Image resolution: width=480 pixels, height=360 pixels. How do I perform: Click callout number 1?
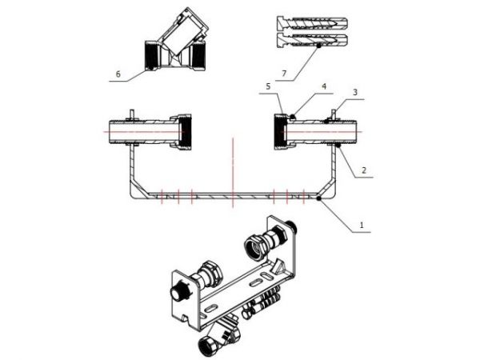pyautogui.click(x=362, y=226)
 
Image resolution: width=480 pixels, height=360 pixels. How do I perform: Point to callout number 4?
pyautogui.click(x=323, y=87)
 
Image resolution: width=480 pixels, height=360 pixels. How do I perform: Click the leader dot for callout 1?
pyautogui.click(x=319, y=198)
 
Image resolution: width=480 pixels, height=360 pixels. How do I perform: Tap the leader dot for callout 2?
pyautogui.click(x=339, y=146)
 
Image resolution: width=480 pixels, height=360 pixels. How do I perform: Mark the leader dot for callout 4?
pyautogui.click(x=293, y=117)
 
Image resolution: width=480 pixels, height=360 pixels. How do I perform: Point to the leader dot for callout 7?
pyautogui.click(x=317, y=46)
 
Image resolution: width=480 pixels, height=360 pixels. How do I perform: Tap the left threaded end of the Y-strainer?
pyautogui.click(x=153, y=55)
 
